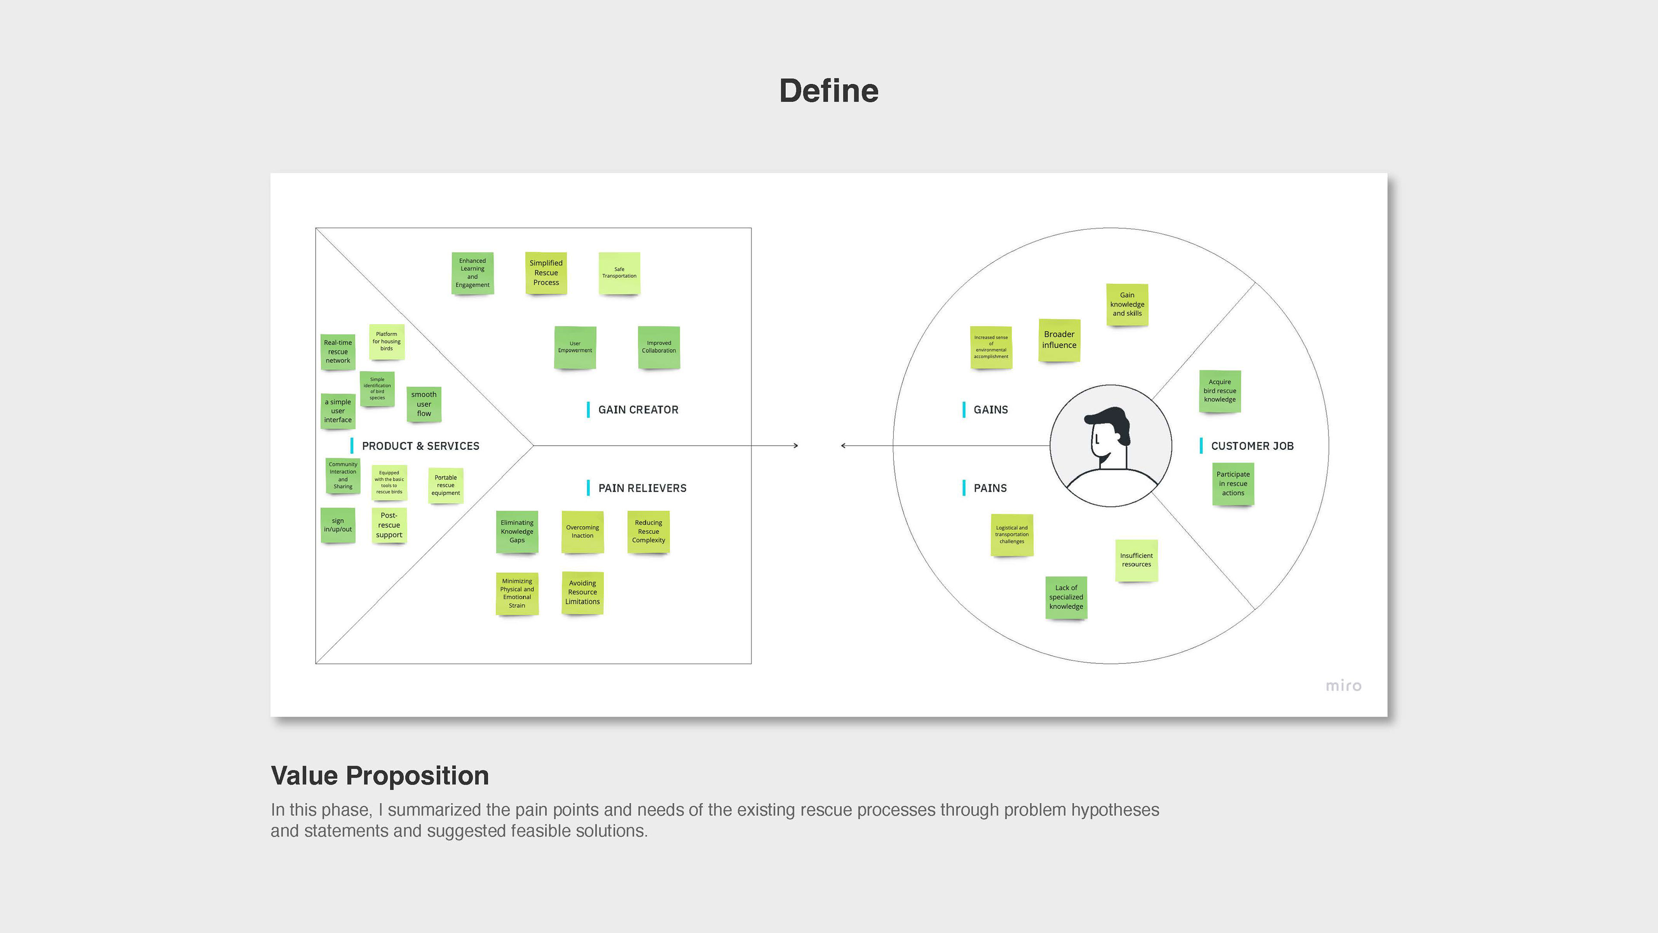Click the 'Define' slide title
pos(829,91)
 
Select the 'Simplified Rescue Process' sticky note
pos(546,273)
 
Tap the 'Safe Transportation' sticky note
pos(619,273)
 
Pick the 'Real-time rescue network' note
pos(338,352)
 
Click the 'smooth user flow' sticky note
pos(424,404)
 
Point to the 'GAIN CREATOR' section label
pos(638,409)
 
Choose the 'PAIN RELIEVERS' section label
pos(642,488)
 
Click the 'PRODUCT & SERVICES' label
pos(420,446)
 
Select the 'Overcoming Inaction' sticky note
pos(582,532)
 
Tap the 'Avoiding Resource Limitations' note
pos(582,592)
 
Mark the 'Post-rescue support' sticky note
pos(389,525)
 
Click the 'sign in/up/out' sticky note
pos(338,525)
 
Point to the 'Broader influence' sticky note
pos(1059,340)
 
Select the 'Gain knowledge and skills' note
pos(1127,305)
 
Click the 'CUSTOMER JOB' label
pos(1252,446)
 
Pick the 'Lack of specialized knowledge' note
pos(1066,597)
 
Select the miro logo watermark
pos(1343,686)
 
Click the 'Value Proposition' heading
pos(380,776)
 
